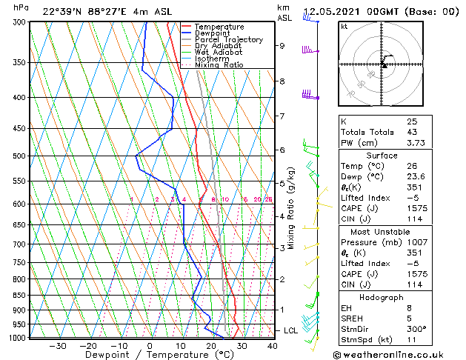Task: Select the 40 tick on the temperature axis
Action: pos(272,345)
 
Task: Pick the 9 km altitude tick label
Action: pos(282,46)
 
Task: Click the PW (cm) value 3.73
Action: pos(416,143)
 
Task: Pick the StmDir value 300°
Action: pos(416,329)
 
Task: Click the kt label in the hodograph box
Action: pos(344,27)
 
